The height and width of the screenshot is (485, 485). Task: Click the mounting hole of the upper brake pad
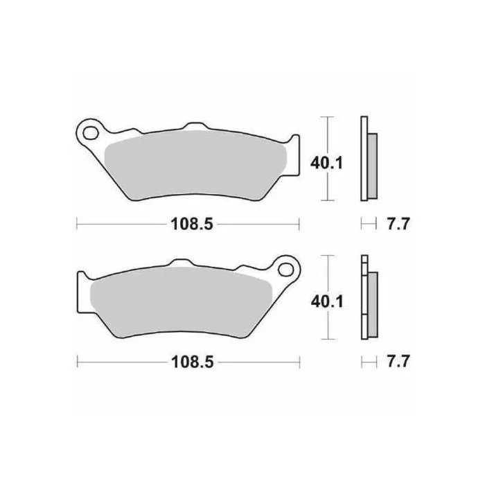90,134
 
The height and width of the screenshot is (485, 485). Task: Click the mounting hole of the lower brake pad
285,270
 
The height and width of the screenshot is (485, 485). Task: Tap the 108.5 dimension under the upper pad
192,223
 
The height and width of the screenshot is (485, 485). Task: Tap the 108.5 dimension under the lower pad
193,362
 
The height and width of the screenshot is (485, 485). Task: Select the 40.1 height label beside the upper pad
327,163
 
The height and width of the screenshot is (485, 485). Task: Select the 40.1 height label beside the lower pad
327,301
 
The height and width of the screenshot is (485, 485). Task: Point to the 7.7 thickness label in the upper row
398,223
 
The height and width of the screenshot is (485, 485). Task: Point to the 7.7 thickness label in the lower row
398,361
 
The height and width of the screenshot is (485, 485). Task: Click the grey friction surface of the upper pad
195,165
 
